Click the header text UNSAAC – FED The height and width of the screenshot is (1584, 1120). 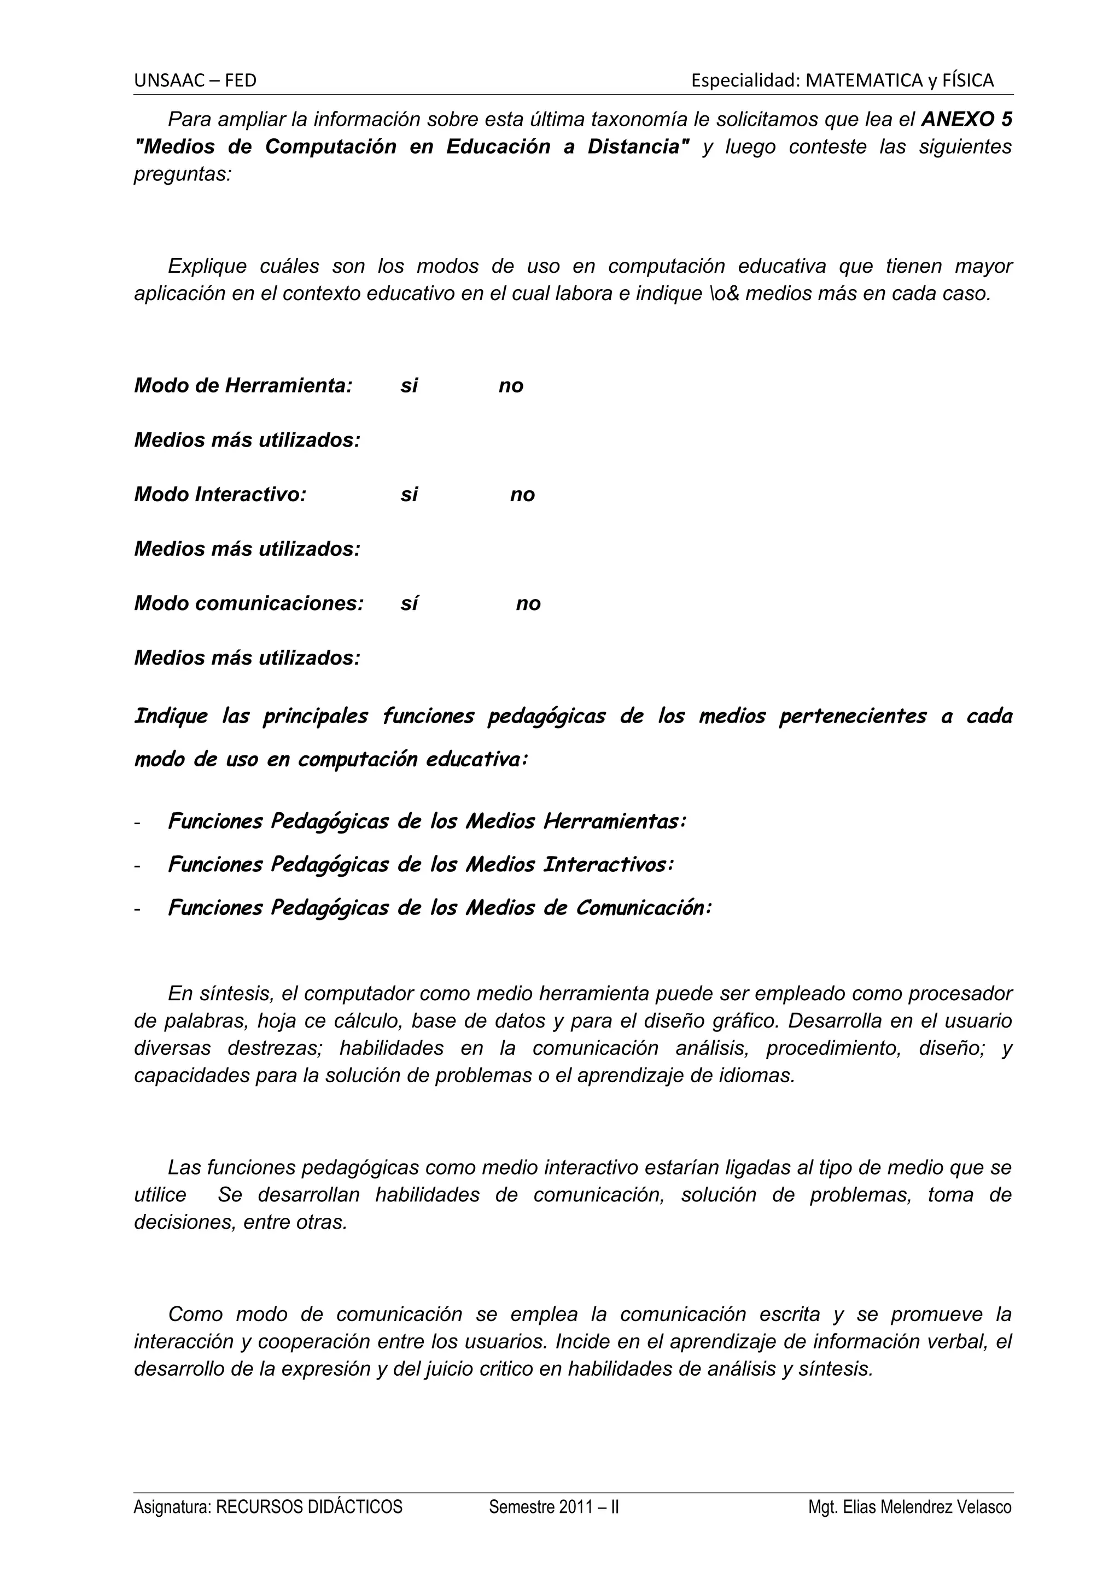[195, 81]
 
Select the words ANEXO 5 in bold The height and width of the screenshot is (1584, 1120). [967, 119]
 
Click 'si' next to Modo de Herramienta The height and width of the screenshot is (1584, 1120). [409, 386]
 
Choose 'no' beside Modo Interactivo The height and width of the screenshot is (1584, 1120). [522, 495]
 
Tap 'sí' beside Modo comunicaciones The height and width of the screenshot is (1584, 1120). [409, 603]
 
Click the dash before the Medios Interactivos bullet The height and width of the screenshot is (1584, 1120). [138, 866]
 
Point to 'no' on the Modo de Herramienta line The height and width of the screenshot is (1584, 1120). [511, 386]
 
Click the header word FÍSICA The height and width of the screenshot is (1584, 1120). [969, 81]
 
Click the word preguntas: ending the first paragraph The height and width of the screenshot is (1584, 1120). [182, 174]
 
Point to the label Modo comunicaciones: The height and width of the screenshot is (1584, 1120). [248, 603]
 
